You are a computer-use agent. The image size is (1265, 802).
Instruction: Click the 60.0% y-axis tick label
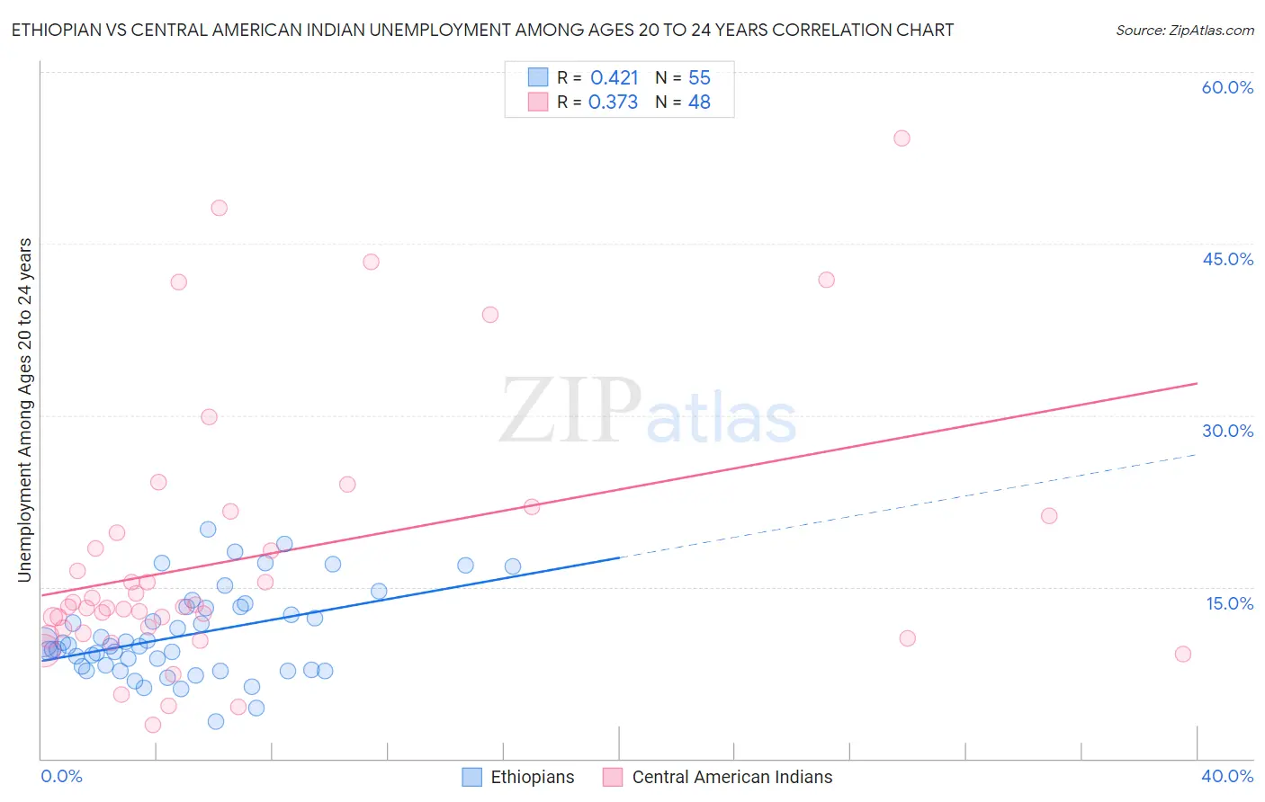point(1227,87)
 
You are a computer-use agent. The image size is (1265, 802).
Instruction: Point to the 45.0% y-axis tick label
point(1227,259)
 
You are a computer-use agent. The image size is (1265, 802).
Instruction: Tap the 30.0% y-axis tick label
point(1227,431)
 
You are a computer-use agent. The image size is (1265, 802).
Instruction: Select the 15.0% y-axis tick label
point(1229,603)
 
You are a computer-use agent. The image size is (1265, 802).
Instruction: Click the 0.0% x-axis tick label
point(61,776)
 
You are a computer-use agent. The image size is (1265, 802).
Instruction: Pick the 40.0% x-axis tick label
point(1227,776)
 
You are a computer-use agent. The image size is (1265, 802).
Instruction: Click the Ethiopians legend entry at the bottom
point(531,777)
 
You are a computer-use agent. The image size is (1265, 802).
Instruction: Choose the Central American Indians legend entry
point(731,777)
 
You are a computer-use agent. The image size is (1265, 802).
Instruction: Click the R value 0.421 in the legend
point(615,77)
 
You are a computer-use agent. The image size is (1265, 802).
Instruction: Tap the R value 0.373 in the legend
point(613,102)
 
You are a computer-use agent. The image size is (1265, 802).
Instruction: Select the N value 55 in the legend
point(699,77)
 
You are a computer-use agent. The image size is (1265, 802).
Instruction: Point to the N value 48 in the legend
point(699,102)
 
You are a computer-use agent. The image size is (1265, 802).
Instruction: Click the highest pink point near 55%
point(902,138)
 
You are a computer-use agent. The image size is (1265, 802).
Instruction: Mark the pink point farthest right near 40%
point(1183,654)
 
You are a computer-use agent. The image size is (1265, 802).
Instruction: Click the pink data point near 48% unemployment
point(219,208)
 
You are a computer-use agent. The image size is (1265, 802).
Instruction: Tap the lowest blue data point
point(216,721)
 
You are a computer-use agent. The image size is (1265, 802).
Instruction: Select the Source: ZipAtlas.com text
point(1184,30)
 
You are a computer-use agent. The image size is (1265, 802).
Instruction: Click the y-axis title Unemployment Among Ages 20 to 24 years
point(25,410)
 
